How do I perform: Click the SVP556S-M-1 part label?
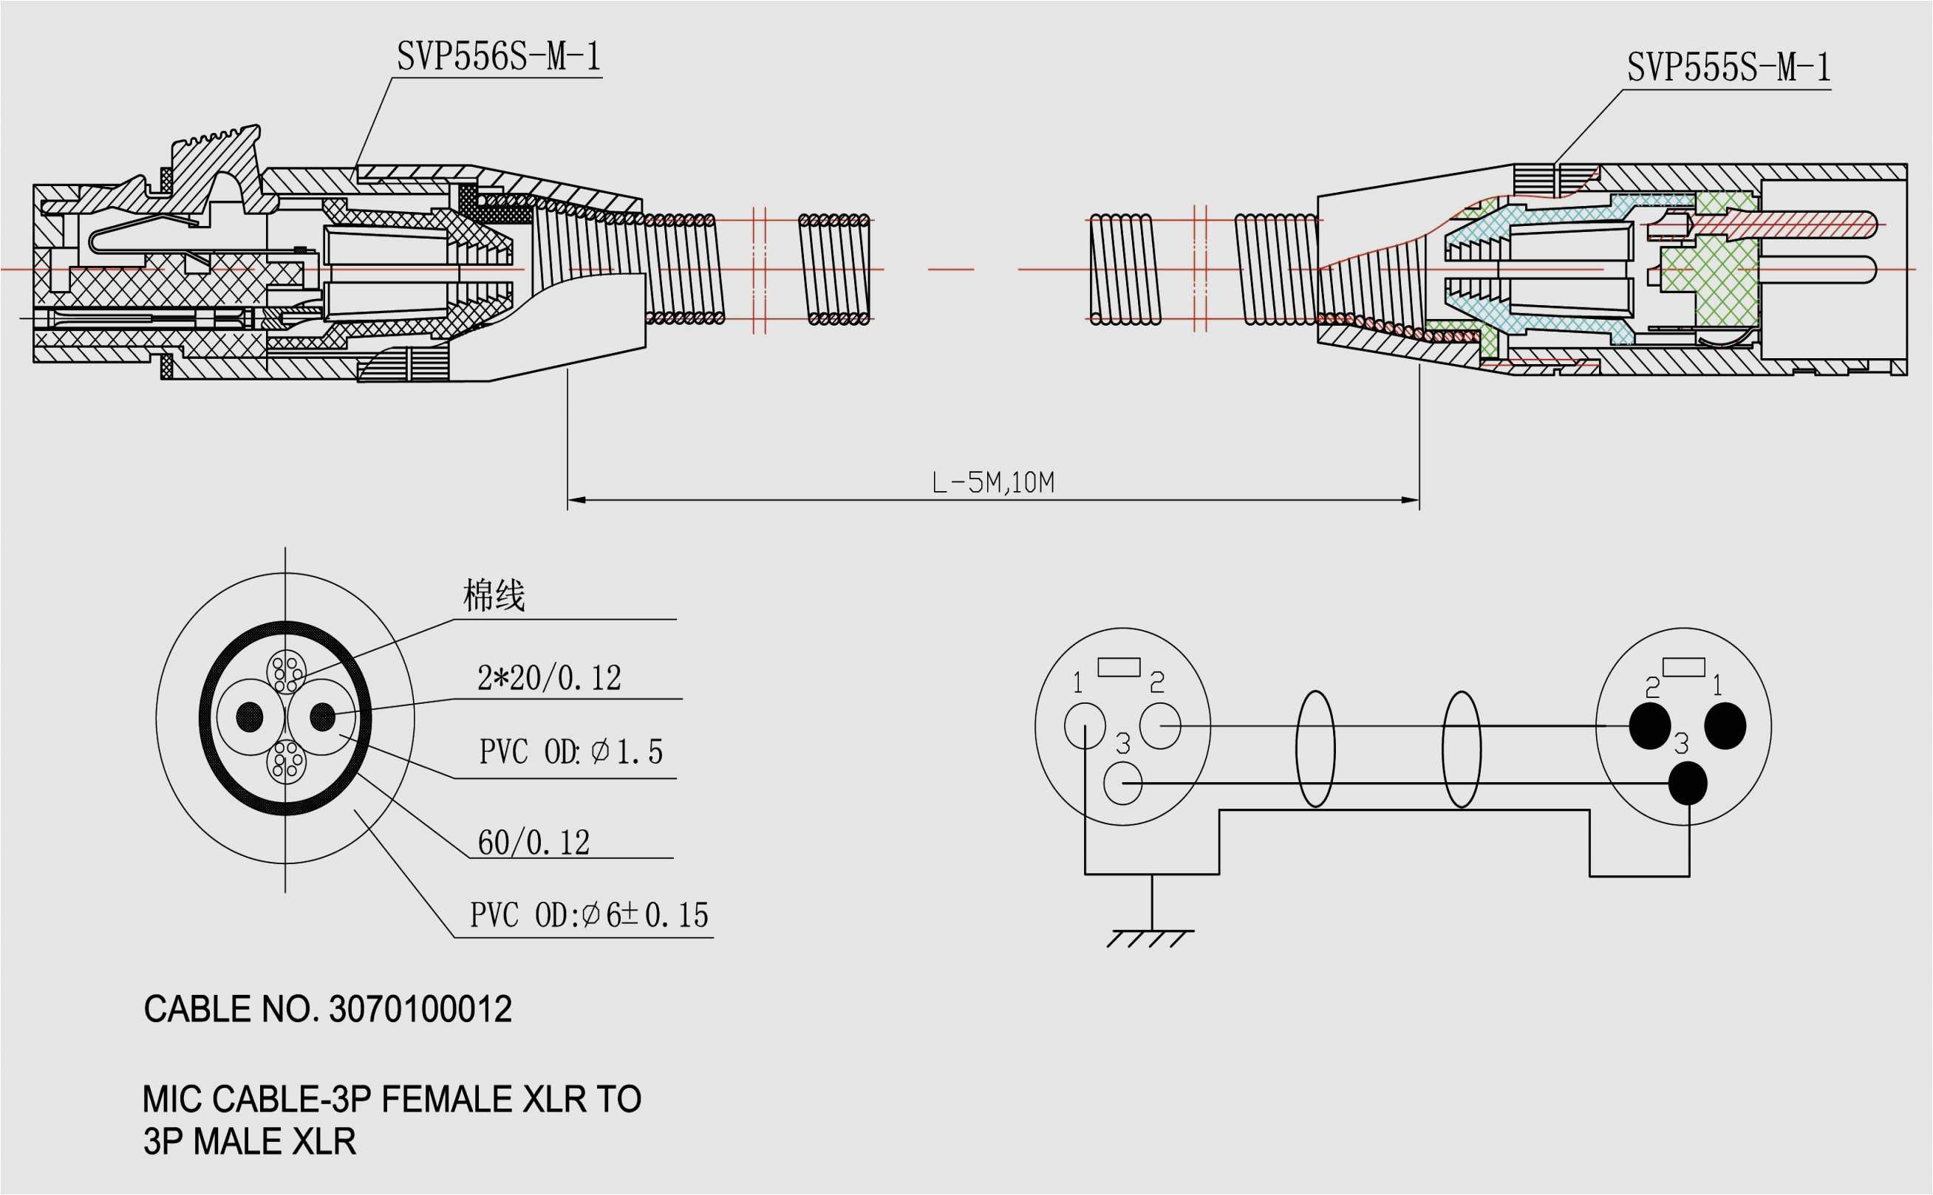tap(499, 57)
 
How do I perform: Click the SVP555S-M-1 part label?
tap(1728, 68)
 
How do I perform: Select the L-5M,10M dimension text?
tap(993, 482)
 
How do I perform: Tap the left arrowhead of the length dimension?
tap(576, 500)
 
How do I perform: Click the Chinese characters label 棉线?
tap(494, 595)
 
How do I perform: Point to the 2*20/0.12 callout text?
tap(549, 678)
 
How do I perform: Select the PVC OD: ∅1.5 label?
tap(570, 752)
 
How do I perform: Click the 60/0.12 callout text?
tap(533, 843)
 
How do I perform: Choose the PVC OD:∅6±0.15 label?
tap(589, 915)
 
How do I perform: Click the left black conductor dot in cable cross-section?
tap(250, 717)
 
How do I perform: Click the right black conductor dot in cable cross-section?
tap(321, 717)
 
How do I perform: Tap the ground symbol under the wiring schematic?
tap(1151, 937)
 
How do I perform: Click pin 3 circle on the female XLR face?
tap(1122, 783)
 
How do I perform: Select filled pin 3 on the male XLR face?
tap(1687, 783)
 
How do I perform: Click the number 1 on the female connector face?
tap(1077, 682)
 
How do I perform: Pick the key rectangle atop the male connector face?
tap(1683, 667)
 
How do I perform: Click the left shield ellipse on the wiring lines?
tap(1315, 749)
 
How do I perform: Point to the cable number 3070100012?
tap(420, 1010)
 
